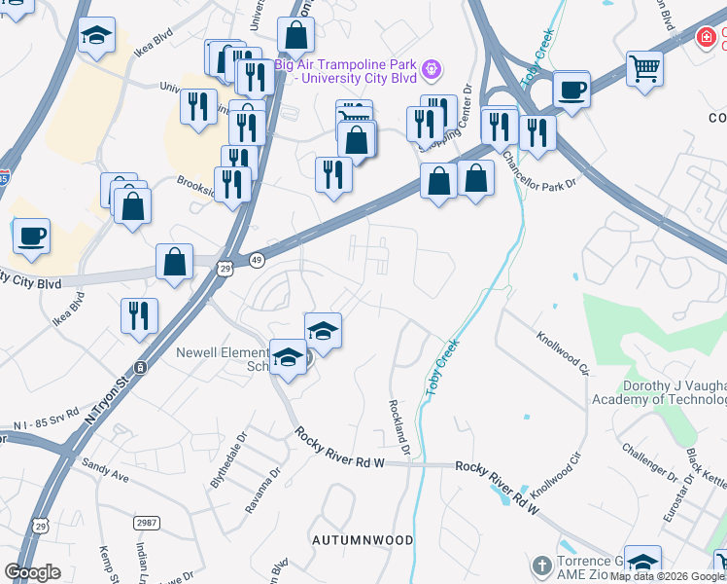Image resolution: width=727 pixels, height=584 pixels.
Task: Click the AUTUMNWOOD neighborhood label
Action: click(x=363, y=539)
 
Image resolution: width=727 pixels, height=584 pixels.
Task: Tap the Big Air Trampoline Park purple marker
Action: click(x=433, y=68)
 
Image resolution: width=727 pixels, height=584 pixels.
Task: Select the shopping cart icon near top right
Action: click(x=644, y=68)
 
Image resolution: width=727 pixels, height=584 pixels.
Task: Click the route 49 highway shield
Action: click(x=257, y=260)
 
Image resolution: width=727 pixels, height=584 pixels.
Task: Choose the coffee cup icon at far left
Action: click(x=31, y=236)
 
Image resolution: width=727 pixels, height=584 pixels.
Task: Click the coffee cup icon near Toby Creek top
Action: click(x=571, y=90)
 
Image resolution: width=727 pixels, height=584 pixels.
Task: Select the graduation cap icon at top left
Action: click(x=95, y=37)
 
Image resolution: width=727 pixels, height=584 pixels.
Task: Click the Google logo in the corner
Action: click(x=32, y=572)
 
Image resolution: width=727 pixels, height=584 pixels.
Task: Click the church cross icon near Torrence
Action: click(x=542, y=566)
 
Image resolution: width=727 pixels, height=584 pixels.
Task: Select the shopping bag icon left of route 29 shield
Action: click(x=175, y=262)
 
